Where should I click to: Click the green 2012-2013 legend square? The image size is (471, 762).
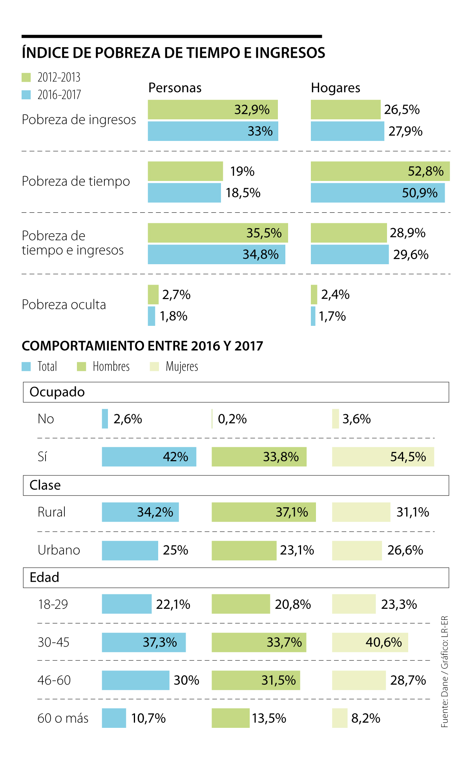coord(26,77)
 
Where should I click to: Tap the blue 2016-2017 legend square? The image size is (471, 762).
coord(26,95)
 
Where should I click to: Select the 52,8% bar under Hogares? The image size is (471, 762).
coord(380,171)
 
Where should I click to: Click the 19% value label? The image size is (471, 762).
coord(242,172)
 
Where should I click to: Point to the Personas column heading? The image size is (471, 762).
coord(175,88)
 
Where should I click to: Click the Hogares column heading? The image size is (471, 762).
coord(336,88)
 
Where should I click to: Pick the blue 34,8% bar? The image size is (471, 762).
coord(216,254)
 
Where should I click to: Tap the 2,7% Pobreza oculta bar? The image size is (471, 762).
coord(153,294)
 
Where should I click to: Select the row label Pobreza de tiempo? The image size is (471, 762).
coord(76,181)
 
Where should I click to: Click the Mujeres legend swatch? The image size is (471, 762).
coord(154,367)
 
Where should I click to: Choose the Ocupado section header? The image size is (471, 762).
coord(57,392)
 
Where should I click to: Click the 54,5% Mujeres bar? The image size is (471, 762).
coord(383,457)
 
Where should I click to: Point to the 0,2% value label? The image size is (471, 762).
coord(232,419)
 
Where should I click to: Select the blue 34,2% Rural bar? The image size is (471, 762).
coord(140,512)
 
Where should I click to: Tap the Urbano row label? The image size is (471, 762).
coord(59,550)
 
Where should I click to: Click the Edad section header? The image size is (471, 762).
coord(44,577)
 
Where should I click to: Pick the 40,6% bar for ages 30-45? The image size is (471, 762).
coord(370,642)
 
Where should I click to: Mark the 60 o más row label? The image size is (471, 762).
coord(63,718)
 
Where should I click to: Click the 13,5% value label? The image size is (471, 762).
coord(269,718)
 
